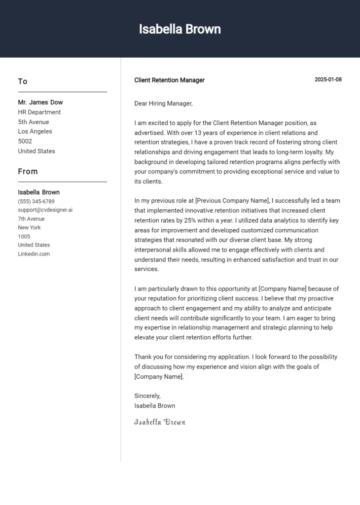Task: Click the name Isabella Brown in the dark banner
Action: (x=180, y=29)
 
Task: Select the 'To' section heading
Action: (x=23, y=81)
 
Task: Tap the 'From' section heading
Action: (x=28, y=172)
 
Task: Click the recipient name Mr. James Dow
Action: (x=40, y=103)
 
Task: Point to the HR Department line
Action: (x=39, y=112)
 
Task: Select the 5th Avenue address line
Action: (x=34, y=122)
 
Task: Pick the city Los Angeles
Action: (x=35, y=132)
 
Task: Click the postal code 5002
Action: (x=25, y=141)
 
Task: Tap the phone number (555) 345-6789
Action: (x=36, y=201)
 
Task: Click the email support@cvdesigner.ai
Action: (x=45, y=210)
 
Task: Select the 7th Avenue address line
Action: (x=31, y=219)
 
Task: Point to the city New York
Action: (x=30, y=228)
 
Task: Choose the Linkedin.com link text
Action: (x=34, y=254)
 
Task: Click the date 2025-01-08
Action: (x=328, y=80)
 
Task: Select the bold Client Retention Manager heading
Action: (x=169, y=80)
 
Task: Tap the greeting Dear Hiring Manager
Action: (x=163, y=104)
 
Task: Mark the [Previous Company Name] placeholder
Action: (x=233, y=201)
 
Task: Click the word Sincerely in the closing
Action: (x=147, y=396)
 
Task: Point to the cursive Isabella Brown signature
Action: (x=160, y=422)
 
